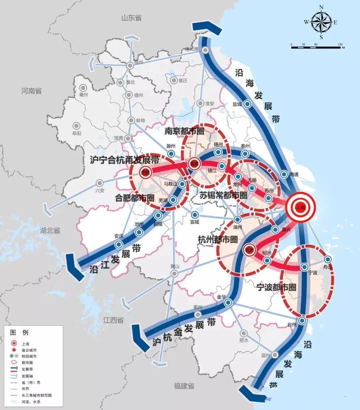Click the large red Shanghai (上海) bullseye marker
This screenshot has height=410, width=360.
tap(300, 207)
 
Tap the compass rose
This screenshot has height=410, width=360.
tap(321, 22)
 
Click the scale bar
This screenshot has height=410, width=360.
tap(317, 47)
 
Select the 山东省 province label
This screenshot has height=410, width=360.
tap(131, 18)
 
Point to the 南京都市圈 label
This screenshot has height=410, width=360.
tap(184, 131)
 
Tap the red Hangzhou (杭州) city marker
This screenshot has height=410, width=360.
tap(249, 250)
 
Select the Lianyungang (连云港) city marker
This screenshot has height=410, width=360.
tap(206, 50)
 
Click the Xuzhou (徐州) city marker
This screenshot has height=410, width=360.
tap(130, 66)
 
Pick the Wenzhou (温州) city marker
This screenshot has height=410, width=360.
tap(275, 355)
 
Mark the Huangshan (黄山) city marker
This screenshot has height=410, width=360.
tap(174, 273)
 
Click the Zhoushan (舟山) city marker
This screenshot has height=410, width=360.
tap(328, 259)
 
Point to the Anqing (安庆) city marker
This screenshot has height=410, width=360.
tap(119, 244)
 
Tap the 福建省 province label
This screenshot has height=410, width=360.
tap(184, 386)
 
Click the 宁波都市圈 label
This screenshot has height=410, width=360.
tap(276, 287)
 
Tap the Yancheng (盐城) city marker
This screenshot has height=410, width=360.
tap(247, 104)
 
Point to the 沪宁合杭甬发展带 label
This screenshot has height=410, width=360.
tap(125, 160)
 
